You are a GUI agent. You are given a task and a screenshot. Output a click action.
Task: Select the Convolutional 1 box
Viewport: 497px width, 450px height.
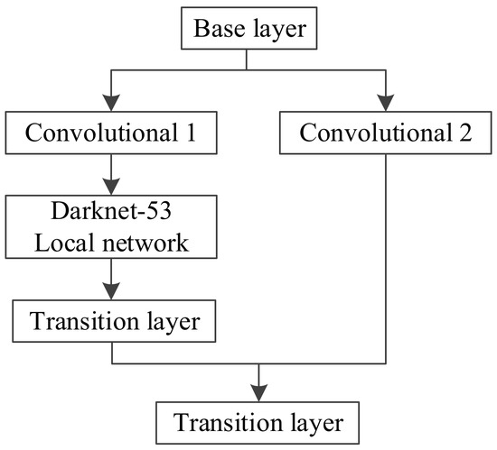point(111,135)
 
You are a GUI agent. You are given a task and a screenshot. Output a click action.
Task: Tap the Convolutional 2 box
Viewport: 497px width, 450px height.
point(387,135)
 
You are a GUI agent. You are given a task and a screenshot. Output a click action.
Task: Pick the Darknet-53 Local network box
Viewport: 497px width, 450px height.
point(111,229)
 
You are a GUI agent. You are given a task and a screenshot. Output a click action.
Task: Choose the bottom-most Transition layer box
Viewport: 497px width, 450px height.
point(260,421)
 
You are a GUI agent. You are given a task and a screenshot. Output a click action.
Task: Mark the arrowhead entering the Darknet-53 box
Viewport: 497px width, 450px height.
point(111,188)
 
